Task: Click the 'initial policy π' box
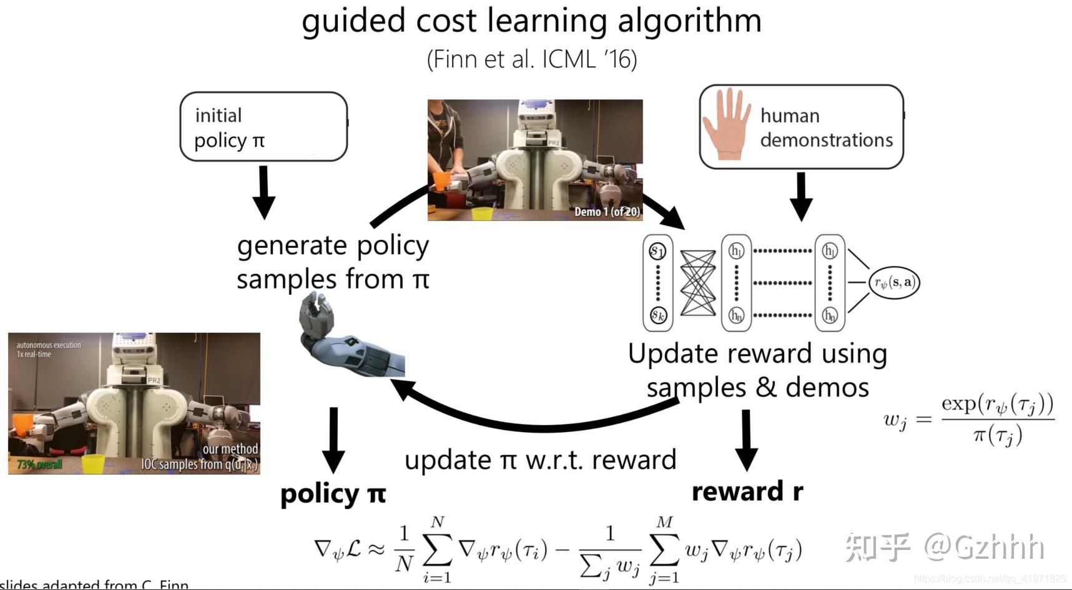263,127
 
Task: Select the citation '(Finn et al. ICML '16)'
531,60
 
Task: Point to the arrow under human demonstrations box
801,196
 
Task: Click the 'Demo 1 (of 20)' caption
607,212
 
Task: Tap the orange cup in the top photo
441,182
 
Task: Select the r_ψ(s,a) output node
894,282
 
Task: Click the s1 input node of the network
657,251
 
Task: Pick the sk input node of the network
658,315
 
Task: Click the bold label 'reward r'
747,491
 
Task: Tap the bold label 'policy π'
333,494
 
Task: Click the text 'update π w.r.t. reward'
540,460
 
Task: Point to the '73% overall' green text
39,465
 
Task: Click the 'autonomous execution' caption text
48,345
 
